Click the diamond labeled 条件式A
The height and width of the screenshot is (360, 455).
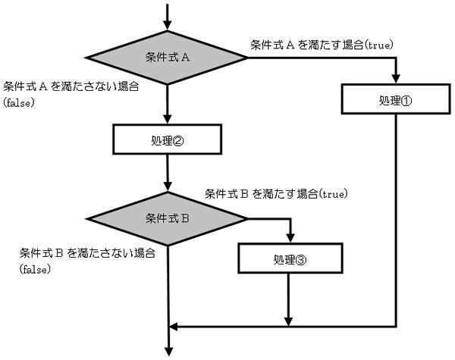167,58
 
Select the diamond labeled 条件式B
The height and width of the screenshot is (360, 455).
167,219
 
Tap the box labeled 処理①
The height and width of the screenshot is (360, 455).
396,99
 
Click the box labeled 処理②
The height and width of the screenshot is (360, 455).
167,139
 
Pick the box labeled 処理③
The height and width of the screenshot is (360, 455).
290,258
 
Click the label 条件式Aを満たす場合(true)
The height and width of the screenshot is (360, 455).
322,45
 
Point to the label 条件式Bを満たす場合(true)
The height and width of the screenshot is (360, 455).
276,193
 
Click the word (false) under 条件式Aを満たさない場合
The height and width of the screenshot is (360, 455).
19,102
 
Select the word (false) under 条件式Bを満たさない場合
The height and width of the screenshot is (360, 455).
35,269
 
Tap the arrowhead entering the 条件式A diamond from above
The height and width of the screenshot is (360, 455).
167,26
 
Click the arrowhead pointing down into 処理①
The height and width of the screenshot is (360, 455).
396,79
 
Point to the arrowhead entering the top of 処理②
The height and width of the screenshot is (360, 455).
167,119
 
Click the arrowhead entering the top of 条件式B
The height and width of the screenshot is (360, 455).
168,186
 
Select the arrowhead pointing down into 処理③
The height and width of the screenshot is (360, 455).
290,238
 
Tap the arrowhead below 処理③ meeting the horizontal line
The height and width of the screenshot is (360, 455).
288,321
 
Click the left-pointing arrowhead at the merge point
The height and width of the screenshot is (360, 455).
173,327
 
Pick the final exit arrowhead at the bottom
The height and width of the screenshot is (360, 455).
168,352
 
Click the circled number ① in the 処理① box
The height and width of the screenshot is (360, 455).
406,100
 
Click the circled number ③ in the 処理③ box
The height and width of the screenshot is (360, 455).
300,260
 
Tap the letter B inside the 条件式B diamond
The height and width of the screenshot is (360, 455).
185,218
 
